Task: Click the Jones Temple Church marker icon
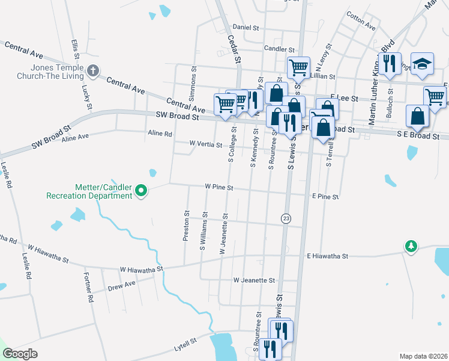[x=92, y=71]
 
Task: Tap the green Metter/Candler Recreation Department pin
[x=141, y=191]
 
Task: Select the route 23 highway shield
[x=286, y=219]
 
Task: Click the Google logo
[x=20, y=354]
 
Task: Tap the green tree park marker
[x=411, y=246]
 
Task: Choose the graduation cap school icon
[x=423, y=63]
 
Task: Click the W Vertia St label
[x=206, y=144]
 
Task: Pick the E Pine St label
[x=326, y=197]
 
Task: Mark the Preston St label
[x=186, y=226]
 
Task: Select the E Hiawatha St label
[x=328, y=256]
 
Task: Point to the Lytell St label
[x=185, y=343]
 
